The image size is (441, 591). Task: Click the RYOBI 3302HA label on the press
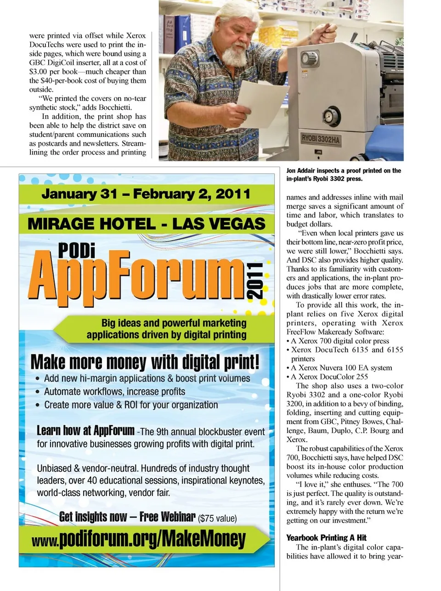[321, 139]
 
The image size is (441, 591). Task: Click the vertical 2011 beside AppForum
[255, 281]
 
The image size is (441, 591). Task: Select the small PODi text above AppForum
[77, 250]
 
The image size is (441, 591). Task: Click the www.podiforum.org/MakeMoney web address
[139, 539]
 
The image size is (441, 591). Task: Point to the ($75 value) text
[217, 518]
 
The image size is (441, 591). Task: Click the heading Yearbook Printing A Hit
[326, 537]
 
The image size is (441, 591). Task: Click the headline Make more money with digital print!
[145, 362]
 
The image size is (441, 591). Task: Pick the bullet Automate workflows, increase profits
[114, 392]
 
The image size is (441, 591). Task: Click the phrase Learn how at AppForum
[85, 430]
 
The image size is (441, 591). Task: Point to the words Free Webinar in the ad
[167, 517]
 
